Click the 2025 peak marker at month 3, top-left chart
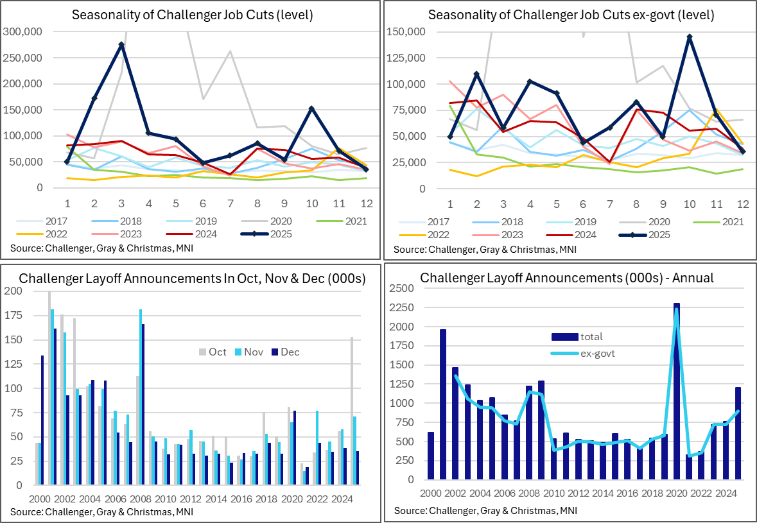121,45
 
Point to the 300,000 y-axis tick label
23,31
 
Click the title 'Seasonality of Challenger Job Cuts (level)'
192,15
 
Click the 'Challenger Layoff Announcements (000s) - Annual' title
567,278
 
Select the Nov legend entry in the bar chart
248,352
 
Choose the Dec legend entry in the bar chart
284,352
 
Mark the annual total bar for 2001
443,404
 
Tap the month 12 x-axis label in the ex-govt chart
741,204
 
